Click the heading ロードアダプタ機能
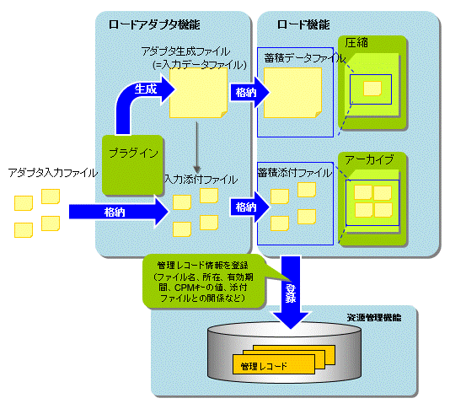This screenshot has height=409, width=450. coord(154,24)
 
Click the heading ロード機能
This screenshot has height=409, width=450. coord(303,24)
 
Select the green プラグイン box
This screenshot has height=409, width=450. coord(132,164)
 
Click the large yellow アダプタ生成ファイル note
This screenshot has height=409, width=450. coord(198,93)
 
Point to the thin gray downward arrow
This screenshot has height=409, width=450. coord(196,147)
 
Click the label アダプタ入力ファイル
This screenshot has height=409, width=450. coord(53,173)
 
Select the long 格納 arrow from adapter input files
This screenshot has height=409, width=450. coord(118,212)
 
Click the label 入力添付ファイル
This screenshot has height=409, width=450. coord(201,180)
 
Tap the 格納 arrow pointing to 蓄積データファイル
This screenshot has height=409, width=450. coord(249,93)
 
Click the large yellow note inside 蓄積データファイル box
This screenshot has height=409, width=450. coord(292,93)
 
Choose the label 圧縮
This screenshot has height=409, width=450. coord(356,43)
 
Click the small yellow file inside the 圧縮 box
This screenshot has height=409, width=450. coord(372,89)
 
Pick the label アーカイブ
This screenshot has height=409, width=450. coord(369,159)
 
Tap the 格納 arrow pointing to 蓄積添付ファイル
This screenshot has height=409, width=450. coord(249,207)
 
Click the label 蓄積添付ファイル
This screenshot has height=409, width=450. coord(295,173)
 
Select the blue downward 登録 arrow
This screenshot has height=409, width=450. coord(291,293)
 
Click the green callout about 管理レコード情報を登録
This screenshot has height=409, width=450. coord(203,282)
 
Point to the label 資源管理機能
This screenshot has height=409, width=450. coord(374,317)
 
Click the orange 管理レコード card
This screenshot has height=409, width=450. coord(274,364)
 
